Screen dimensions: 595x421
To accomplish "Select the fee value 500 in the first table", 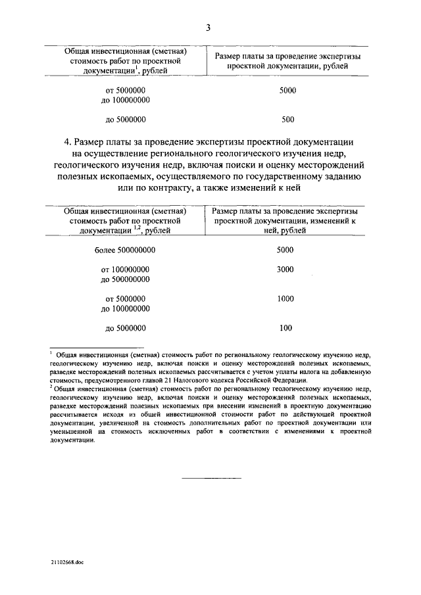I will [x=287, y=120].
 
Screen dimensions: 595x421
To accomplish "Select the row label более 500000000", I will [x=125, y=250].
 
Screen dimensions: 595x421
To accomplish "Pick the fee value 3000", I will [x=285, y=270].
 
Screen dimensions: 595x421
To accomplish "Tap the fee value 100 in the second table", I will [x=285, y=327].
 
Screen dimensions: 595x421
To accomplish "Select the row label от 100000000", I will [x=125, y=270].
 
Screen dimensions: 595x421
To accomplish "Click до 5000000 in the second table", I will [x=125, y=327].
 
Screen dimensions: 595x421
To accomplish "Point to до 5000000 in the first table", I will [x=125, y=120].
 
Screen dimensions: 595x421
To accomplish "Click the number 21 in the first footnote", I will [x=170, y=380].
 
